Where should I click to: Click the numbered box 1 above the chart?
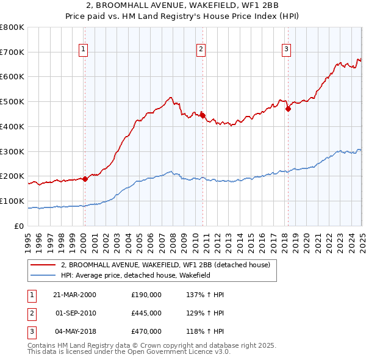(83, 50)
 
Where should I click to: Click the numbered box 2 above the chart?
(201, 50)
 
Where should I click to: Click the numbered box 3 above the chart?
(286, 50)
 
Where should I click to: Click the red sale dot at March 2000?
(85, 179)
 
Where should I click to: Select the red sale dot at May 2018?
(288, 109)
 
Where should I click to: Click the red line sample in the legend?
(43, 265)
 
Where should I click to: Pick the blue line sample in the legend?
(43, 276)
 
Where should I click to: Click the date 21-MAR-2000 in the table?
(74, 295)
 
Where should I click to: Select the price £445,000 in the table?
(146, 313)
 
